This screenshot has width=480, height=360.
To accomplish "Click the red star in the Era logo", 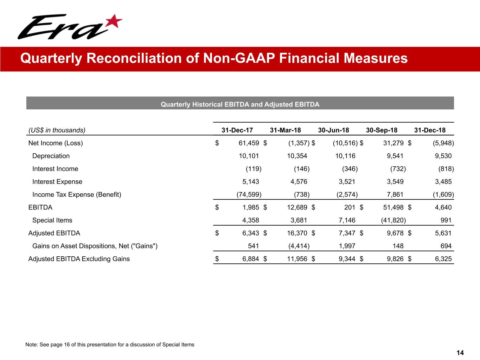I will (114, 22).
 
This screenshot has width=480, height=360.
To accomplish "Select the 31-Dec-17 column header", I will (237, 130).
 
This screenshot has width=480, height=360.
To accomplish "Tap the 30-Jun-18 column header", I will (333, 130).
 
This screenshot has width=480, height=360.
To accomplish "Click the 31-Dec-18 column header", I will (430, 130).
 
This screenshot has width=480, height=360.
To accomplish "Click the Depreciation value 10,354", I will (297, 156).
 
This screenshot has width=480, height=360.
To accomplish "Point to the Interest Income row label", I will (55, 169).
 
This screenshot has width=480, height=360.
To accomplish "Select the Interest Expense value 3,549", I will (393, 182).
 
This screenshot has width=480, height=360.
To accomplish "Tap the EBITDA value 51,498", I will (393, 208).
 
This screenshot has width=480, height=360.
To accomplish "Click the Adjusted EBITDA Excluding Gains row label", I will (79, 259).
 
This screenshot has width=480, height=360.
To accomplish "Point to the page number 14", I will (460, 353).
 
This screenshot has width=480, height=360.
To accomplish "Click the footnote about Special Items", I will (110, 345).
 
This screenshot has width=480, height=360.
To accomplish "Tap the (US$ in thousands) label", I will (57, 130).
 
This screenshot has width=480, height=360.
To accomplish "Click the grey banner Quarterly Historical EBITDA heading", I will (240, 104).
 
